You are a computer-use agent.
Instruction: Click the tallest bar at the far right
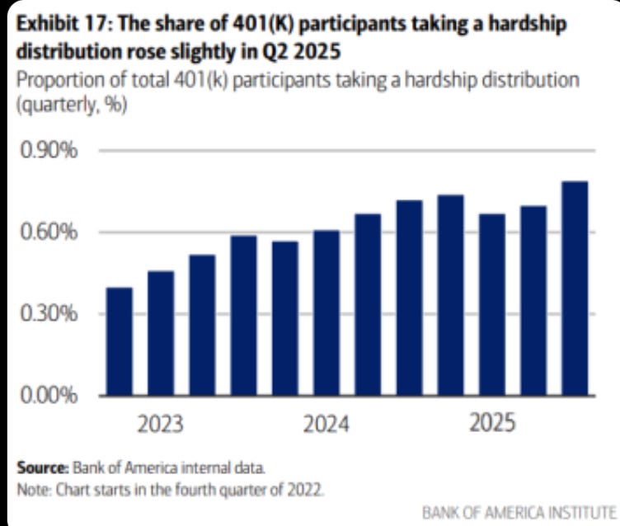pos(574,288)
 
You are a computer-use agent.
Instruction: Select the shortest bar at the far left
pos(120,341)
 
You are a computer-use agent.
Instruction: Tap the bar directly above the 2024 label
pos(326,312)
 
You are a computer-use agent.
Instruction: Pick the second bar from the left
pos(161,333)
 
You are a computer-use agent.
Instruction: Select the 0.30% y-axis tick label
pos(49,314)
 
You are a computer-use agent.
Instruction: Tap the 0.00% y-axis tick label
pos(49,396)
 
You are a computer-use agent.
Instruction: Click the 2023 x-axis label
pos(161,425)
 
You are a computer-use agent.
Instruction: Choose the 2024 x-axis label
pos(326,425)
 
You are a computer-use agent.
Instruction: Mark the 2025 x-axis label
pos(492,424)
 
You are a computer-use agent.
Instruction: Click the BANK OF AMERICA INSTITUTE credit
pos(519,512)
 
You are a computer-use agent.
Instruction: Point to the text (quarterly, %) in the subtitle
pos(71,107)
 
